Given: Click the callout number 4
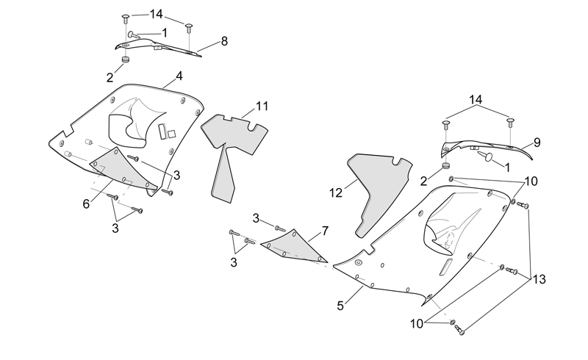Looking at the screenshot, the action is [x=179, y=76].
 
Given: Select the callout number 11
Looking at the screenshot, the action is [x=262, y=106].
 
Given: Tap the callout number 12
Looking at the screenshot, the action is [x=336, y=192].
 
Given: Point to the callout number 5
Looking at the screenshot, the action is [x=340, y=306].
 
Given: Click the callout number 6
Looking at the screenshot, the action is [x=86, y=204].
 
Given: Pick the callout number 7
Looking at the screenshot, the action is [x=325, y=231].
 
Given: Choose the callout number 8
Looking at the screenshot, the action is [x=224, y=41].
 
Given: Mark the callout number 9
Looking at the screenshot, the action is [x=537, y=143].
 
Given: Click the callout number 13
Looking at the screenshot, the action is [x=539, y=279].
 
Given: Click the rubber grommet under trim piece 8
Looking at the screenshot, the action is [x=125, y=60].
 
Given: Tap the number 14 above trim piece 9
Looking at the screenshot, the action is [x=476, y=100].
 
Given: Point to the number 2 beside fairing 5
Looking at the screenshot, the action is [x=423, y=181].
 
